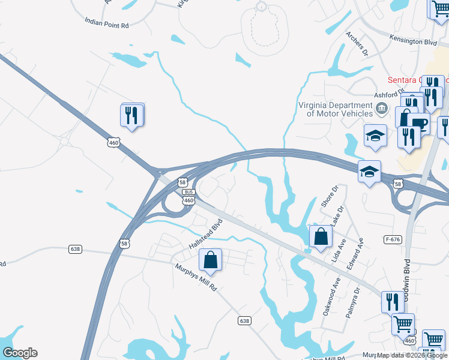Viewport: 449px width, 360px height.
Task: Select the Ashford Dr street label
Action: (386, 94)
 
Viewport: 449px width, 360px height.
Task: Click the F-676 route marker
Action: (392, 239)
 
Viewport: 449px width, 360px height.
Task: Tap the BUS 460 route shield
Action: (188, 197)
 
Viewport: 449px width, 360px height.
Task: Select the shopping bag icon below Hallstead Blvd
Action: (210, 261)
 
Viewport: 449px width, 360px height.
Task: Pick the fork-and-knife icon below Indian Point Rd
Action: (132, 115)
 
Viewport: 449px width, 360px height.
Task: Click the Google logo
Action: (20, 353)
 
